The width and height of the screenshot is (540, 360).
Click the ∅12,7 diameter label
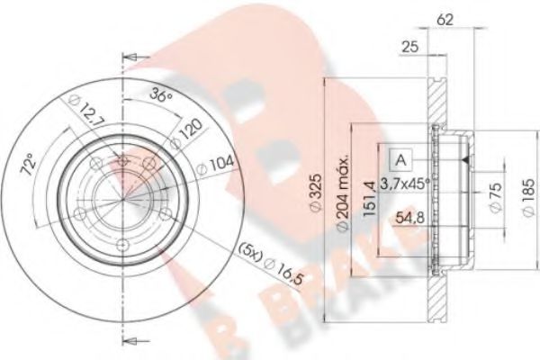click(79, 115)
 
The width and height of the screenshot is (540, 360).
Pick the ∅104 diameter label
click(221, 164)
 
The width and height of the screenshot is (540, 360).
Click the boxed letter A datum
click(400, 160)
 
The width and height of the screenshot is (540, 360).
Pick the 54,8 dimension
click(410, 218)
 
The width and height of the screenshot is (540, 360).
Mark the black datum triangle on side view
click(464, 160)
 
